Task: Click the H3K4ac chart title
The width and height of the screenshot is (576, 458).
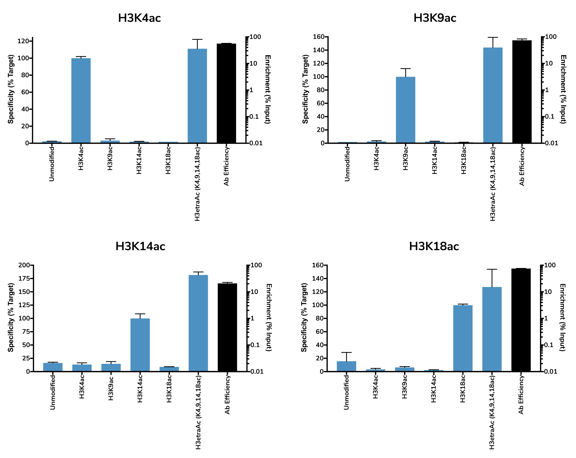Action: click(x=139, y=18)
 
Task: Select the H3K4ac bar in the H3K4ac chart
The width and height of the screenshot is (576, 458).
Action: click(x=81, y=100)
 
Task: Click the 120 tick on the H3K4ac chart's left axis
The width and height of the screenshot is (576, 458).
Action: click(x=23, y=41)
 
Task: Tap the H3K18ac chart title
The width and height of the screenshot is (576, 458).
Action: click(x=434, y=246)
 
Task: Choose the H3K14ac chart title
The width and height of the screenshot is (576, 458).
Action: click(x=140, y=246)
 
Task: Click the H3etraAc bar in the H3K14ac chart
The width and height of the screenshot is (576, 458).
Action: click(x=198, y=323)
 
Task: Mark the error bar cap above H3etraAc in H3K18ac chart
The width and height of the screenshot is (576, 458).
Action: click(x=492, y=269)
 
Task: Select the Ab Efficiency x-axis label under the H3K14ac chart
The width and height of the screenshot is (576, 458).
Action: click(x=227, y=395)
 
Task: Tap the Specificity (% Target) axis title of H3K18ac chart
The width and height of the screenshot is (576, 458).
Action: click(x=304, y=318)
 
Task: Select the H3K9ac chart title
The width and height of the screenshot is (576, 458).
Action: click(x=435, y=18)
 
